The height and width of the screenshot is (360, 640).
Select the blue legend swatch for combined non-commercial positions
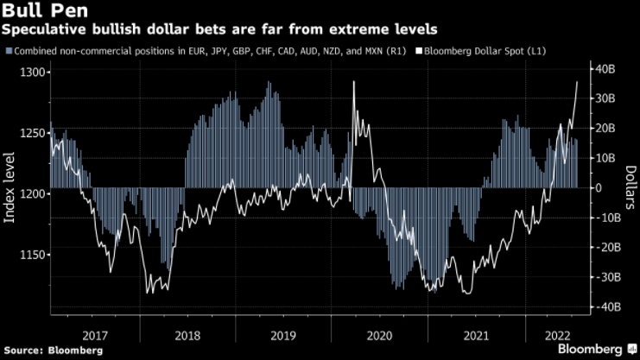(9, 52)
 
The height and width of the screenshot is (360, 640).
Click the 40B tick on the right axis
(605, 68)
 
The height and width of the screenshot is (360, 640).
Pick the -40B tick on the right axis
(603, 307)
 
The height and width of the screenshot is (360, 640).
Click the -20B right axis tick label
(603, 248)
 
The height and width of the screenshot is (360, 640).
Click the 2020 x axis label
(378, 335)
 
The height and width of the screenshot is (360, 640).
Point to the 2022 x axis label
(557, 335)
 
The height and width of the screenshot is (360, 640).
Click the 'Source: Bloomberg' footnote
(53, 351)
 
